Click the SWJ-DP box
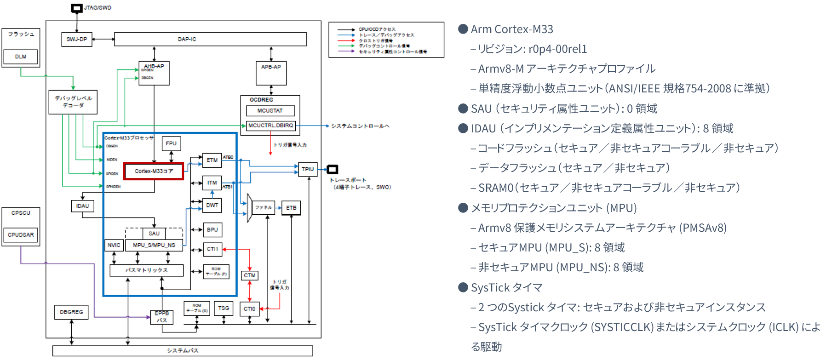pos(76,40)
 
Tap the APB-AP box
pos(271,73)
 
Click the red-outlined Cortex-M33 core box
pos(154,171)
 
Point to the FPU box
pos(171,143)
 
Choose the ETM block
pos(212,160)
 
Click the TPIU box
pos(308,169)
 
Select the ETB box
pos(291,208)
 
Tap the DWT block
pos(212,205)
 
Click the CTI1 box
pos(212,249)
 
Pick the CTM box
pos(250,275)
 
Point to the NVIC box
pos(114,245)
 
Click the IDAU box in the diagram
pos(83,206)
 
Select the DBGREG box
pos(71,312)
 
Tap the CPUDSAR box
pos(21,234)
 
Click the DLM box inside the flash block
pos(21,57)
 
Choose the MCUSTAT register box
pos(270,111)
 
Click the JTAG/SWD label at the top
pos(98,8)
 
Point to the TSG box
pos(224,308)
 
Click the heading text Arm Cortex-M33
pos(512,29)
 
